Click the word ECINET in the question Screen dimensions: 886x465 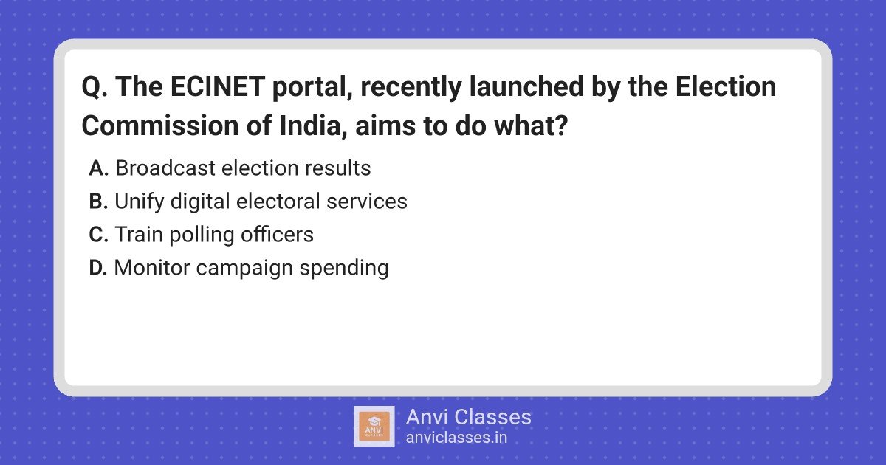pos(218,86)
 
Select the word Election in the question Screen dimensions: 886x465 pos(725,86)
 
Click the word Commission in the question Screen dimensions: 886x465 pos(160,125)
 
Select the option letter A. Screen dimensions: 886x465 pos(98,168)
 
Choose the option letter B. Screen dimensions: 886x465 pos(98,201)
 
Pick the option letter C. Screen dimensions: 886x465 pos(98,234)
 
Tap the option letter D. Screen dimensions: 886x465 pos(98,268)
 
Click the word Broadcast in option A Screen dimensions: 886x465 pos(165,168)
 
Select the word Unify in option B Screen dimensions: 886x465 pos(139,202)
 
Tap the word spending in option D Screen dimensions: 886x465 pos(344,269)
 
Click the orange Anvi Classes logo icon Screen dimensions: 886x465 pos(374,427)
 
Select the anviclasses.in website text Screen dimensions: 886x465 pos(456,438)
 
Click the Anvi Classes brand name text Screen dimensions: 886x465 pos(469,417)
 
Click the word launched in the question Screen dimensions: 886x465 pos(526,86)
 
